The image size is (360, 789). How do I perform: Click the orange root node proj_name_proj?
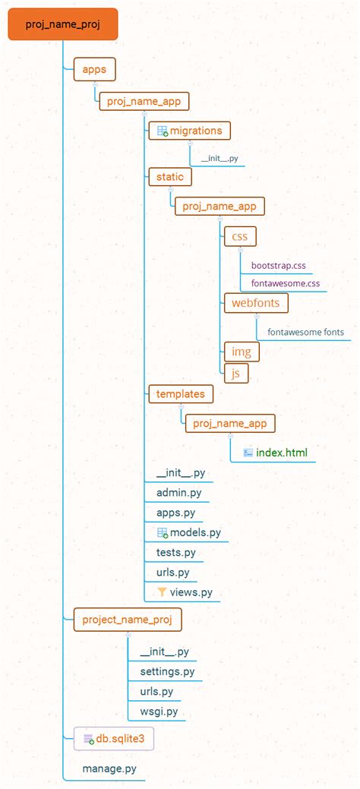tap(62, 24)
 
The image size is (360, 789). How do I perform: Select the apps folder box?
tap(95, 70)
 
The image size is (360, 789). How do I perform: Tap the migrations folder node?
tap(188, 131)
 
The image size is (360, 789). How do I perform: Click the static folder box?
tap(170, 176)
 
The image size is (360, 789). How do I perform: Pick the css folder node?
tap(240, 236)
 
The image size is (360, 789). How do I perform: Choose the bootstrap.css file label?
tap(278, 266)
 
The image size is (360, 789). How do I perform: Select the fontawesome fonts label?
tap(305, 332)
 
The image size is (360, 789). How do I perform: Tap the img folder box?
tap(241, 352)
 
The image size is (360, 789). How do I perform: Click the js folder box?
tap(236, 373)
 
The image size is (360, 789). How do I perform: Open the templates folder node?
tap(181, 393)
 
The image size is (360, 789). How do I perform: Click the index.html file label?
tap(281, 453)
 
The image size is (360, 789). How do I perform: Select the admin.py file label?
tap(178, 493)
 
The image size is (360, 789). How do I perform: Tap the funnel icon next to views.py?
tap(162, 592)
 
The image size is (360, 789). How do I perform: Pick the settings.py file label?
tap(167, 672)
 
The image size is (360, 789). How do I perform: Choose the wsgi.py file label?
tap(159, 712)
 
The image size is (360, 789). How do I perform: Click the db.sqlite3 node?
tap(113, 737)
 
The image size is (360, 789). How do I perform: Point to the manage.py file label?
tap(110, 768)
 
